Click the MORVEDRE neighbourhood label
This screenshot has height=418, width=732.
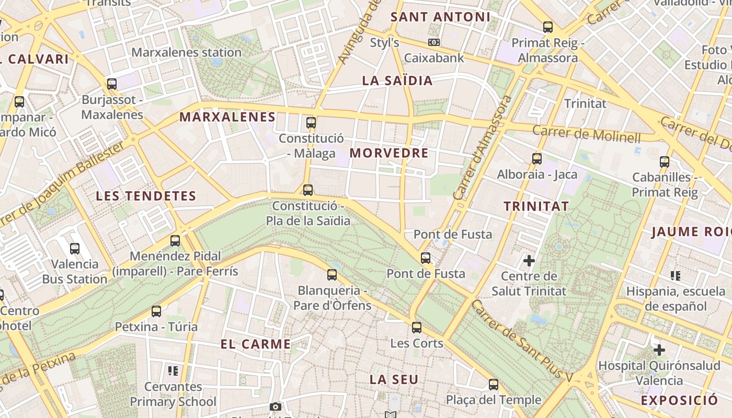click(389, 153)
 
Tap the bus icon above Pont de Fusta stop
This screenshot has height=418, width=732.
click(426, 258)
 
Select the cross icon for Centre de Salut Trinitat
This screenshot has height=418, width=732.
click(529, 260)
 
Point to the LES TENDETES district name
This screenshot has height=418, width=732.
click(146, 196)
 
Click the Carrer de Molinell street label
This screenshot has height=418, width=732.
click(586, 134)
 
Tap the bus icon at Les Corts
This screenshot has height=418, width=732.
click(416, 328)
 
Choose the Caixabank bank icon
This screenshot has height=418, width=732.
click(433, 42)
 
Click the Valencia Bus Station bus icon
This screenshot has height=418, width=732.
click(75, 249)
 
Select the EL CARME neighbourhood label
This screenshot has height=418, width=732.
click(256, 344)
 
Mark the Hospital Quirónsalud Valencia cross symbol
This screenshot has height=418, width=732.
click(659, 350)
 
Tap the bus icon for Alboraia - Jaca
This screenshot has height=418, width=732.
click(536, 159)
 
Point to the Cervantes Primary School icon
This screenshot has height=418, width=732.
click(173, 371)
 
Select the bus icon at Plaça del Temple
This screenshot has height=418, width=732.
click(493, 385)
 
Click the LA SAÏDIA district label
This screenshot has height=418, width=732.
click(397, 80)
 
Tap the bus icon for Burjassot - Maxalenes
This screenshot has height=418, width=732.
click(111, 84)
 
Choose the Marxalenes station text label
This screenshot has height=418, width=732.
click(186, 52)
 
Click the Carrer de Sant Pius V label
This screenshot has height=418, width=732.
click(523, 340)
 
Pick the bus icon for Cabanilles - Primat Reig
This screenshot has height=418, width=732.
click(664, 162)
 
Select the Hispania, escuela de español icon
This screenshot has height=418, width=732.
click(675, 275)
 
